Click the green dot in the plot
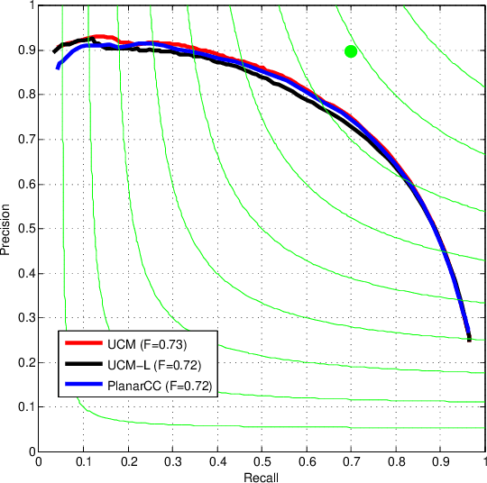pyautogui.click(x=351, y=51)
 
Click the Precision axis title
pyautogui.click(x=7, y=228)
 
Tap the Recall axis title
pyautogui.click(x=262, y=474)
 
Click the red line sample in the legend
pyautogui.click(x=82, y=344)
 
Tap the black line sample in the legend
pyautogui.click(x=82, y=365)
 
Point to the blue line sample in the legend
pyautogui.click(x=82, y=386)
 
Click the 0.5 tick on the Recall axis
pyautogui.click(x=262, y=460)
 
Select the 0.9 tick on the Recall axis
pyautogui.click(x=441, y=460)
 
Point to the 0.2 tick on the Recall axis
pyautogui.click(x=127, y=460)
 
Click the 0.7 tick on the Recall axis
pyautogui.click(x=352, y=460)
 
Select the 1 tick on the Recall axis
pyautogui.click(x=484, y=460)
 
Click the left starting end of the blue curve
pyautogui.click(x=58, y=67)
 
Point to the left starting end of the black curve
pyautogui.click(x=53, y=51)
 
